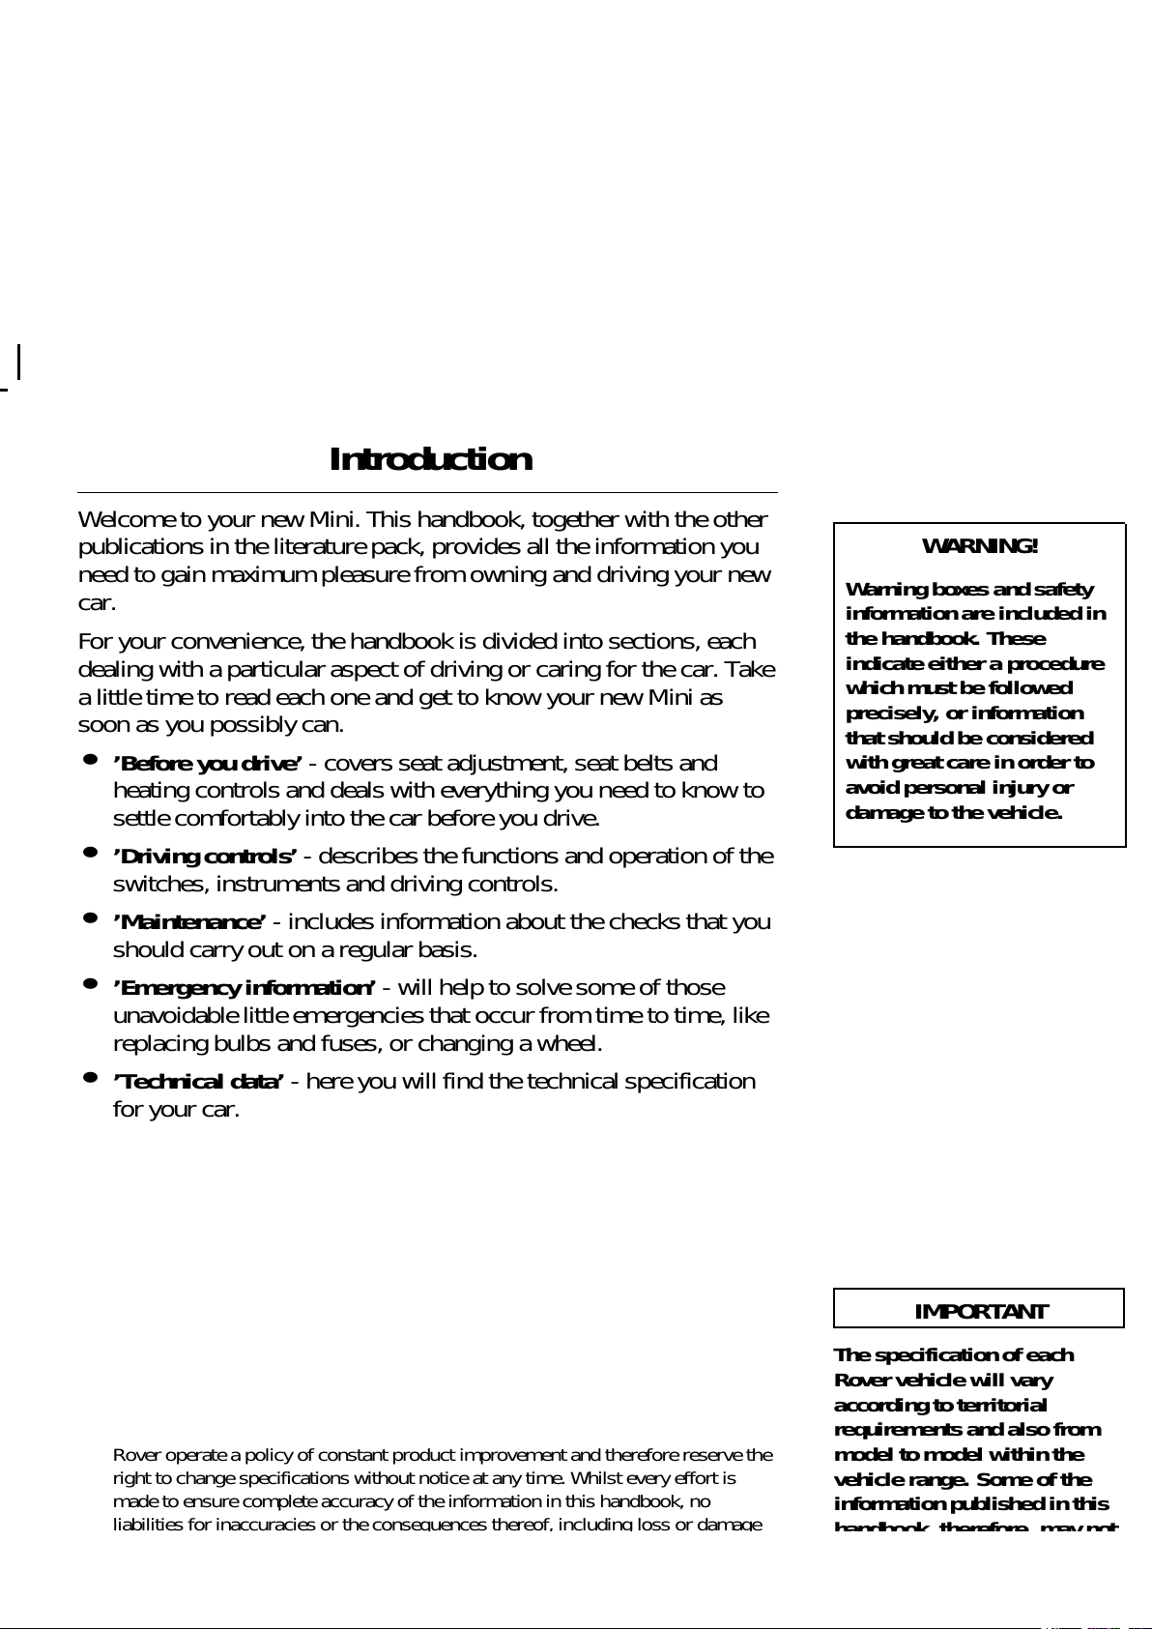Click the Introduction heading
click(430, 459)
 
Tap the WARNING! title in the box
click(980, 546)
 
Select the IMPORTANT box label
click(980, 1312)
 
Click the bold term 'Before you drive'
click(208, 764)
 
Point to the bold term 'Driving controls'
click(205, 857)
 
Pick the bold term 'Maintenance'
click(189, 922)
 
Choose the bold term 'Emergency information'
click(245, 988)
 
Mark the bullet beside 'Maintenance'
click(90, 917)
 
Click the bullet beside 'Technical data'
click(90, 1077)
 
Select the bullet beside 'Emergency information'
click(90, 983)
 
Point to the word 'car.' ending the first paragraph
click(97, 603)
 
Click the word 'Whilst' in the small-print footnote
click(598, 1478)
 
